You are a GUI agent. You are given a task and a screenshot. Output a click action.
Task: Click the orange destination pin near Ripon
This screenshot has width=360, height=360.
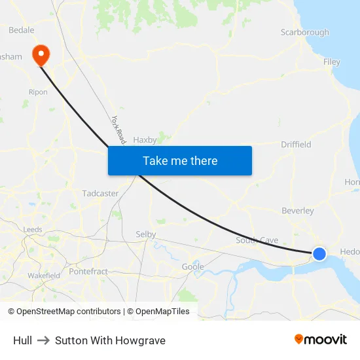(40, 55)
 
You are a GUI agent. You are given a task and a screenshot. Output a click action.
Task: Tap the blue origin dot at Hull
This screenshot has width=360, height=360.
(319, 253)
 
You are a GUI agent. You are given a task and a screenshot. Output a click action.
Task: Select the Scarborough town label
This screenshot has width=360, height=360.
(304, 32)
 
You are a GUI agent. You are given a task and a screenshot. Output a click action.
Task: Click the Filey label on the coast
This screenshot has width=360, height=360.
(332, 62)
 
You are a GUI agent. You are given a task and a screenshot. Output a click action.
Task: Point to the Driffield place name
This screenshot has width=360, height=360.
(296, 144)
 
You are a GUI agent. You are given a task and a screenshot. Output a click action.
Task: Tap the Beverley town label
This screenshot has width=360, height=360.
(298, 211)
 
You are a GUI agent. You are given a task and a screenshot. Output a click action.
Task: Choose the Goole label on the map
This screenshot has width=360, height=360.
(192, 266)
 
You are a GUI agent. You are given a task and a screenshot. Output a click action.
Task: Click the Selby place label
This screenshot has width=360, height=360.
(145, 234)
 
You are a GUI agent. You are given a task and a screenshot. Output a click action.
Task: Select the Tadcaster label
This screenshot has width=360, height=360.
(100, 193)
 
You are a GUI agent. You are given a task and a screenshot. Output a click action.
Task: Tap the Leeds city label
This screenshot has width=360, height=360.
(33, 230)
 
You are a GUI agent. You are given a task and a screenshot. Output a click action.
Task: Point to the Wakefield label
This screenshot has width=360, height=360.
(44, 276)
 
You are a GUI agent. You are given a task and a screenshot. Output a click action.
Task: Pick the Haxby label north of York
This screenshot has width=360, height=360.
(145, 139)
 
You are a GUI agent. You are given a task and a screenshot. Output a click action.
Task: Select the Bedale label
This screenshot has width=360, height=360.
(21, 30)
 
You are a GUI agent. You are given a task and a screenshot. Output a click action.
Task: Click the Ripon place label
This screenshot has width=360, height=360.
(38, 92)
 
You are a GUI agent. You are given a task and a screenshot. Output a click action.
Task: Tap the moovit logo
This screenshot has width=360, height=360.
(320, 339)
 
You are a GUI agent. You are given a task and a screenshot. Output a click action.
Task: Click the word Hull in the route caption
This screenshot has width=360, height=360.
(22, 340)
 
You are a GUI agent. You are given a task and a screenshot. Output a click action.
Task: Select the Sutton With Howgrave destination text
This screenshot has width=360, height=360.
(110, 340)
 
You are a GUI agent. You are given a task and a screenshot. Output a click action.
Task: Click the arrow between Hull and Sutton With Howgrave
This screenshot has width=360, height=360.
(43, 340)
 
